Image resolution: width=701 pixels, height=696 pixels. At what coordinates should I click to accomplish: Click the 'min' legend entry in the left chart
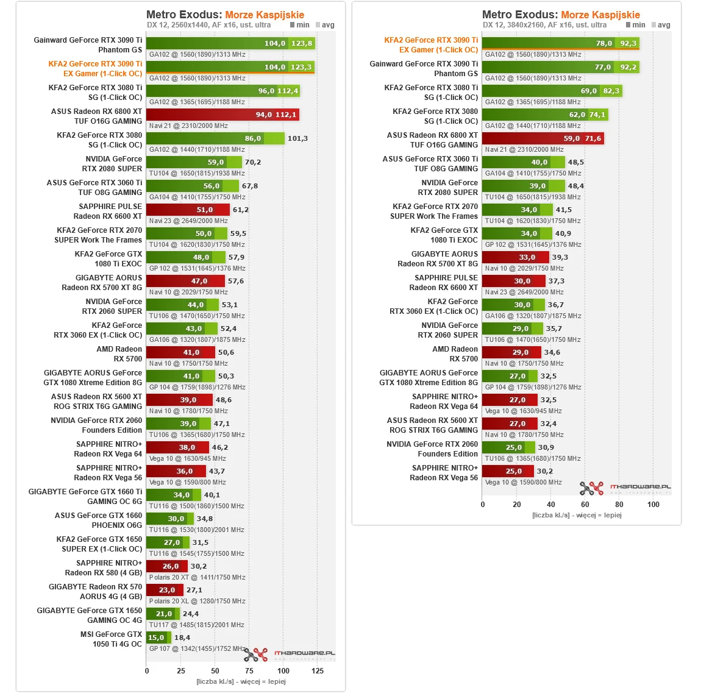(300, 25)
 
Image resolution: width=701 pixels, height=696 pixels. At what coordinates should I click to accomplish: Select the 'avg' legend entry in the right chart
(661, 25)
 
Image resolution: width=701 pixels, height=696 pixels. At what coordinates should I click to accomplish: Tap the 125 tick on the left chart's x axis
(318, 670)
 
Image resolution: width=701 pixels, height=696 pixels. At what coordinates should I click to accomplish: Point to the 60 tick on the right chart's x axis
(585, 504)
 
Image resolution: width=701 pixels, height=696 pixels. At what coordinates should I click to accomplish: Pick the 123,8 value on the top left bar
(302, 43)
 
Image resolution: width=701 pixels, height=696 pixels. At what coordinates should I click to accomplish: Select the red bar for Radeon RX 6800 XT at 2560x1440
(222, 115)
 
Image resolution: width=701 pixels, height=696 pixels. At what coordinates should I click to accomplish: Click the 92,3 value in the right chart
(628, 43)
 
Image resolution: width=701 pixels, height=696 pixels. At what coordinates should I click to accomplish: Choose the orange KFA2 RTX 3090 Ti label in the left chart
(96, 68)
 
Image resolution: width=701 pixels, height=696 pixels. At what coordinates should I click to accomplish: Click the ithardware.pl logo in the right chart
(625, 488)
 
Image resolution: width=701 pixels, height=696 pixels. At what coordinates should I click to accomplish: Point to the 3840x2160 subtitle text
(544, 25)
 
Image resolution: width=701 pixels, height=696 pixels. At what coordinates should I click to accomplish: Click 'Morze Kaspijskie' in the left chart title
(265, 15)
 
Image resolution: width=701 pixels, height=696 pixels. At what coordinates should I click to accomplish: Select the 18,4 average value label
(182, 637)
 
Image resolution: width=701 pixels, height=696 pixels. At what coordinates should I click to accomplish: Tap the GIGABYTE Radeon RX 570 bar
(165, 590)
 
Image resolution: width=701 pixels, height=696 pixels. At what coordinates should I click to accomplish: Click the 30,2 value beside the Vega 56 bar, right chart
(545, 471)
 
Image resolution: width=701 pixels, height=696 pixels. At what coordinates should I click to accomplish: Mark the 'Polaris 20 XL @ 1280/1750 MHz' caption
(197, 601)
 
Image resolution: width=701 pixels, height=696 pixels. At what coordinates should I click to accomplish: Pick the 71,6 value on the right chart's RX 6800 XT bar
(593, 138)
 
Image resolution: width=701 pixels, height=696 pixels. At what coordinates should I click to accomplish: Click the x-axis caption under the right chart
(577, 515)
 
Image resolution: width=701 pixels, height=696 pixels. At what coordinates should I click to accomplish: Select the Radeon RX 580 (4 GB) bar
(167, 566)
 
